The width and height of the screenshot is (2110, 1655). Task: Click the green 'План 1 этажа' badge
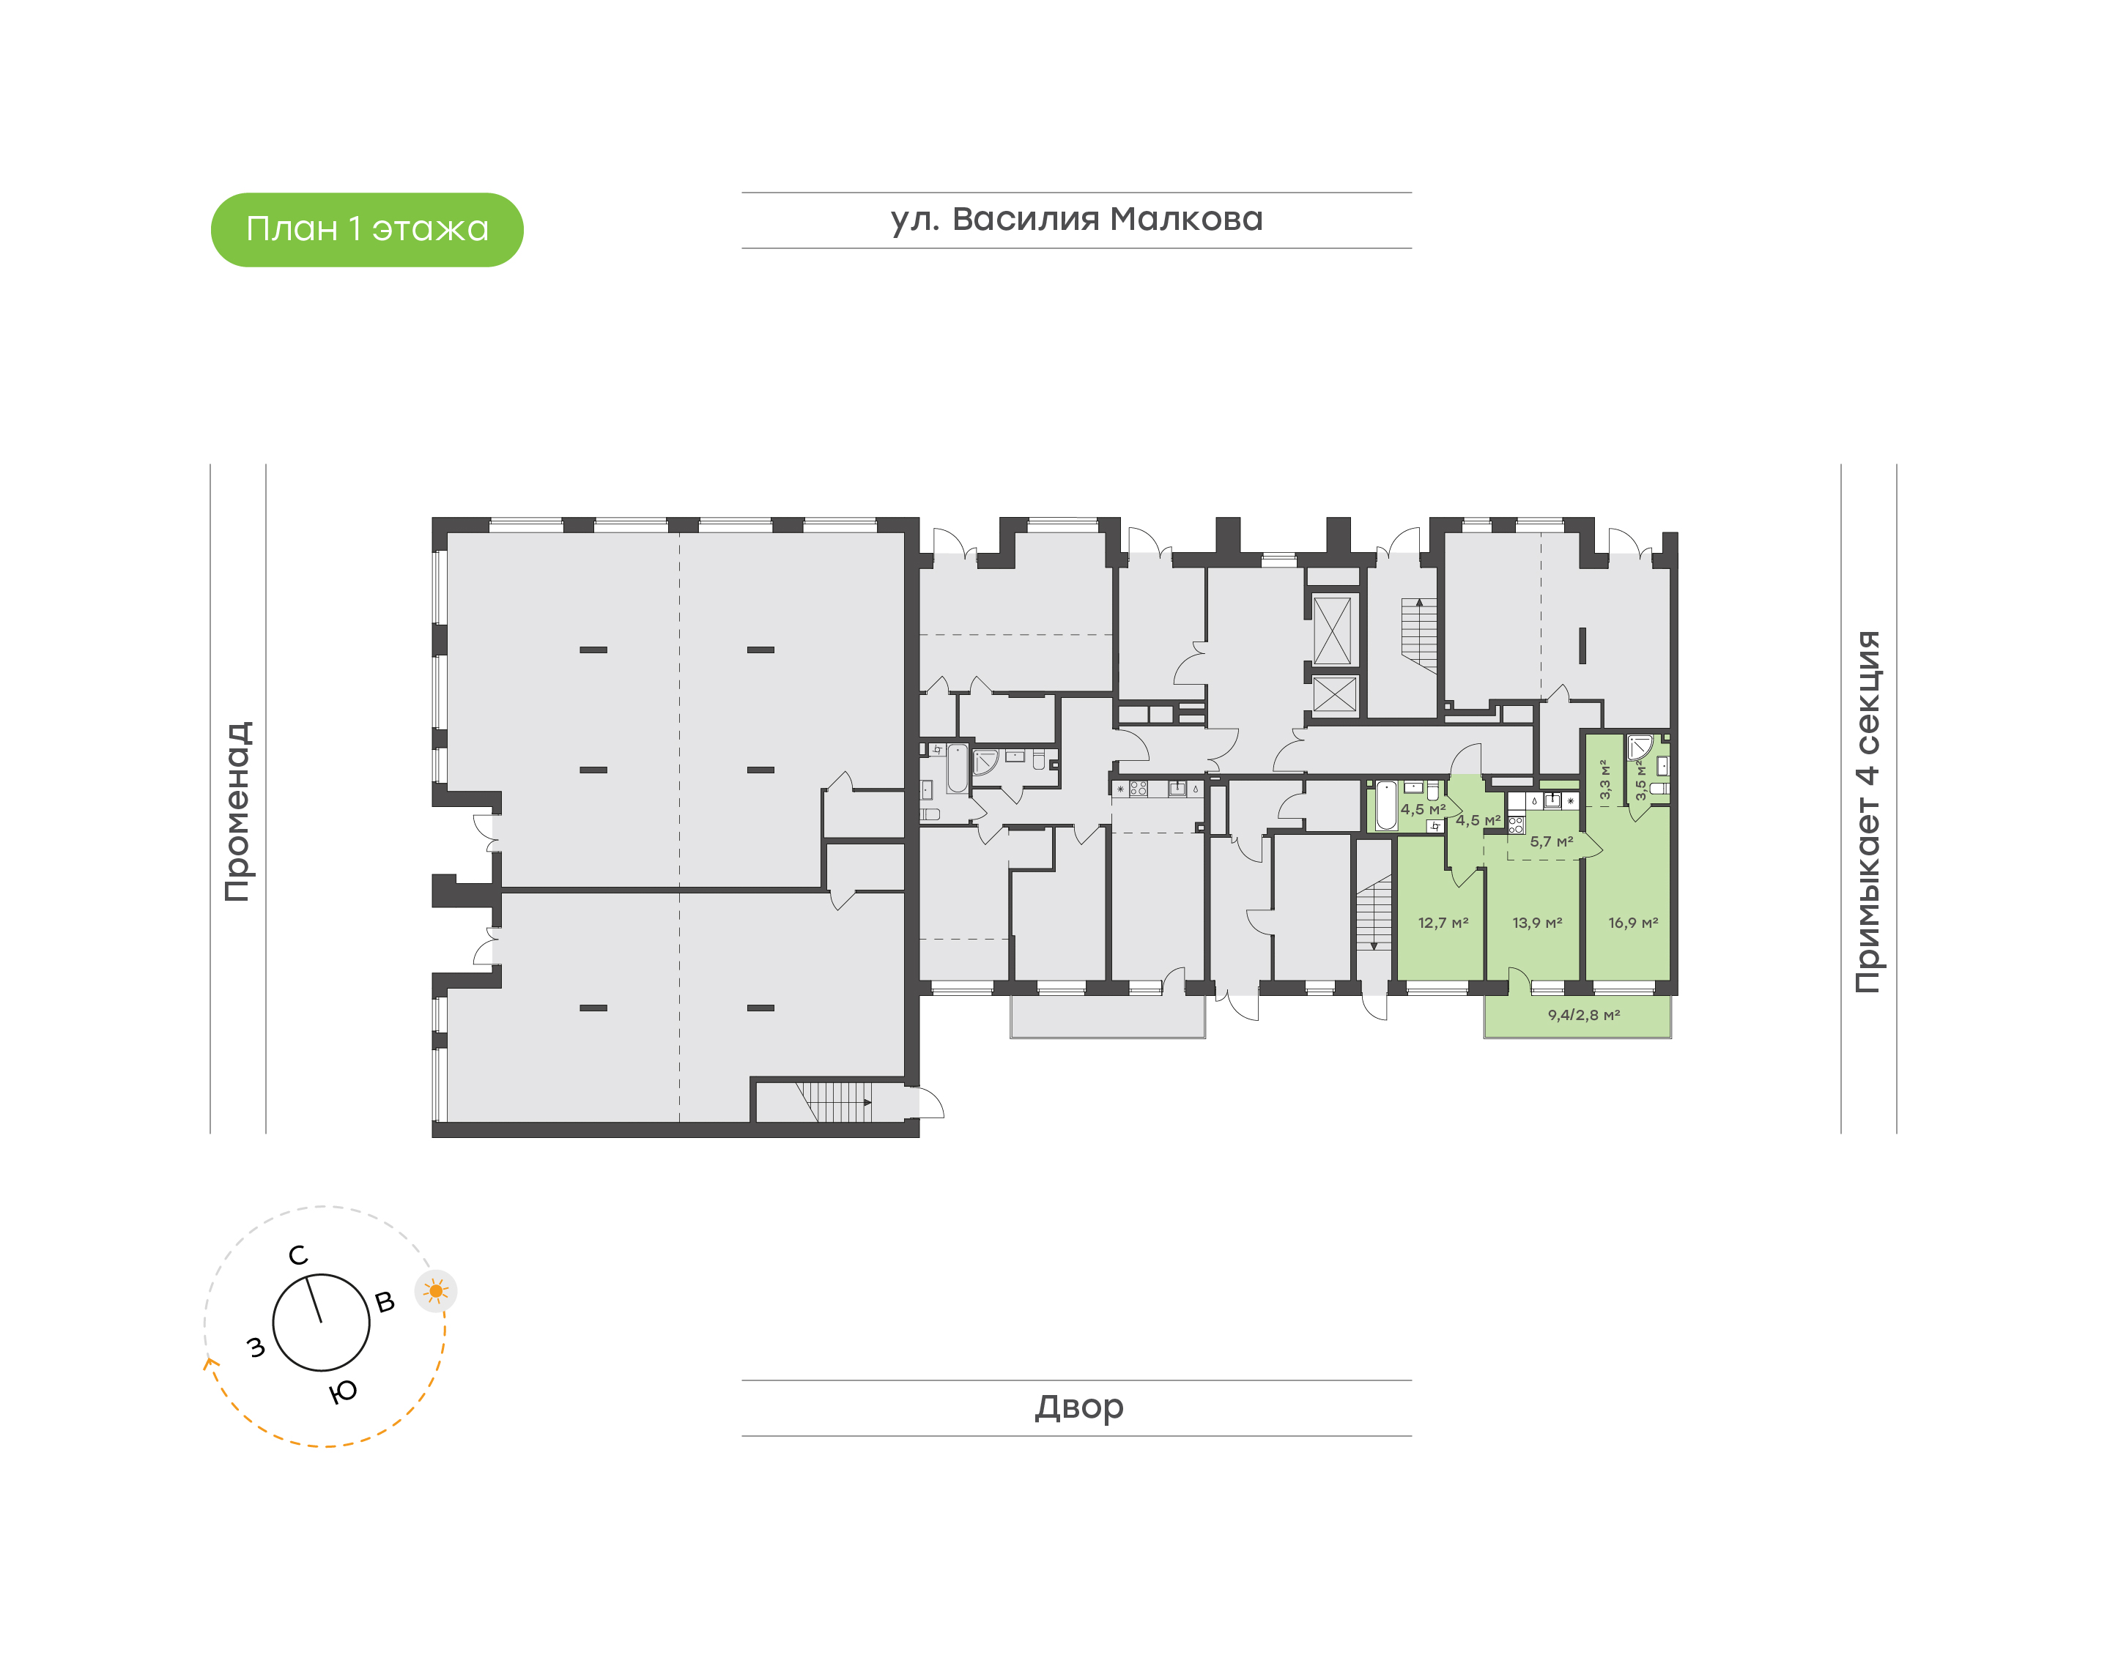point(366,230)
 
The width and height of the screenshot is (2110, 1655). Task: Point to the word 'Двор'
point(1078,1407)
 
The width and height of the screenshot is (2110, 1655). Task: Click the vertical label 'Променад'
point(238,811)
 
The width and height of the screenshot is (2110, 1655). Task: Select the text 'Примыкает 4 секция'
point(1867,811)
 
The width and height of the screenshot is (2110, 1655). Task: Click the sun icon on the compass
point(435,1290)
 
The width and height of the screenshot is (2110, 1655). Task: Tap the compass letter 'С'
point(297,1256)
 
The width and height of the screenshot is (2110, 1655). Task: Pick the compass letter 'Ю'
point(342,1392)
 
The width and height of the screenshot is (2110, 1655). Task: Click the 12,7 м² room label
point(1443,923)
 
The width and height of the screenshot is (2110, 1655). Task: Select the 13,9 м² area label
point(1536,923)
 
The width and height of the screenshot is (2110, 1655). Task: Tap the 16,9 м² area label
point(1632,923)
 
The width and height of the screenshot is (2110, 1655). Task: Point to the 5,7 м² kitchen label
point(1551,842)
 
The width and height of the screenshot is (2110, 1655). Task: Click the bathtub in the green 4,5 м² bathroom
point(1386,806)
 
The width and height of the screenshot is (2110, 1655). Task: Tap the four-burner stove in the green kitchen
point(1516,825)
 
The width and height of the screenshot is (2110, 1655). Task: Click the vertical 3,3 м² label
point(1605,779)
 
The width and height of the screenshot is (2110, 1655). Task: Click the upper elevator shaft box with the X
point(1332,631)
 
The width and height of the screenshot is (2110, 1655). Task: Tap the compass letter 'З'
point(256,1347)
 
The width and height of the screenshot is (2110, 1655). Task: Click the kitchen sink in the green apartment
point(1552,800)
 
